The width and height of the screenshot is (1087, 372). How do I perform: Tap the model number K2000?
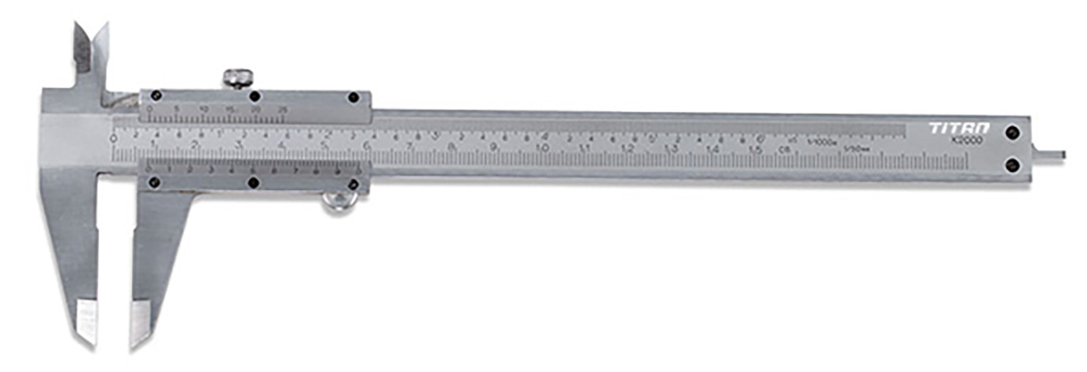(964, 140)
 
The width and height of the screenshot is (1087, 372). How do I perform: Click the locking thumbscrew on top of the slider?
(238, 78)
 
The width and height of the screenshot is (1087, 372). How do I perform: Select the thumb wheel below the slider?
(338, 201)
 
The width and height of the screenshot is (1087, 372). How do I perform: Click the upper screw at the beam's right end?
(1012, 132)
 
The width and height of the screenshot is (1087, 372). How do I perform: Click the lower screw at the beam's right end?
(1012, 164)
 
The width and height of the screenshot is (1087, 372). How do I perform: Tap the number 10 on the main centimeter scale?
(542, 148)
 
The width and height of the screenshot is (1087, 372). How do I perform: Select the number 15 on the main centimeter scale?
(755, 149)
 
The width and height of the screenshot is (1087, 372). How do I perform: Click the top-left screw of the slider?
(157, 95)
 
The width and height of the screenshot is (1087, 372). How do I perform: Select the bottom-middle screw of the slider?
(254, 183)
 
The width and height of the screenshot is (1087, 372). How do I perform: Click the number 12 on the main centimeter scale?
(627, 148)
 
